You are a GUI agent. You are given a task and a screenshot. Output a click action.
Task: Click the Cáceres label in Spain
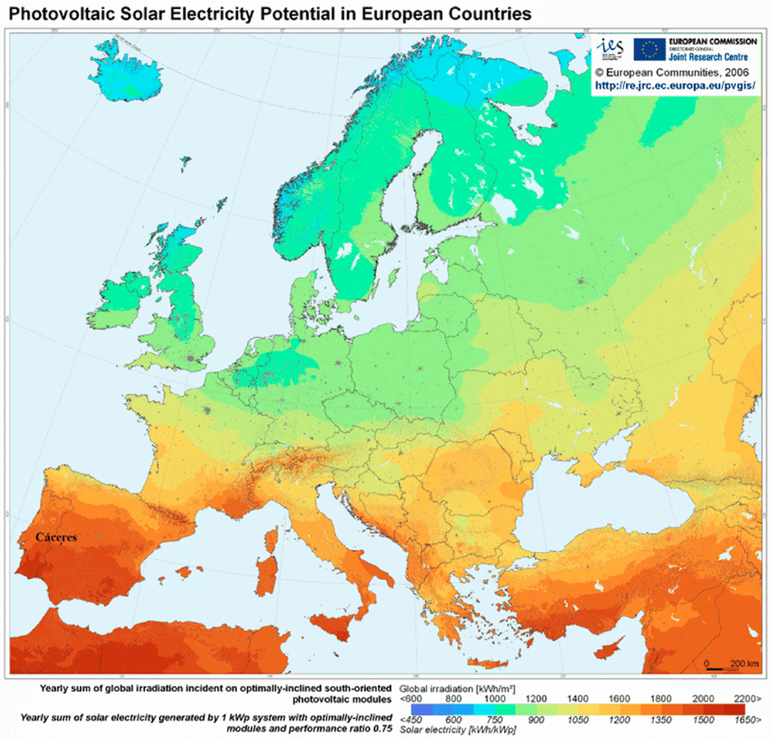(x=55, y=537)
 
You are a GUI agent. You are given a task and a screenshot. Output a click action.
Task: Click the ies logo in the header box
(x=610, y=48)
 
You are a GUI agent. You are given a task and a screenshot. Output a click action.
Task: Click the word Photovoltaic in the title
(x=59, y=15)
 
